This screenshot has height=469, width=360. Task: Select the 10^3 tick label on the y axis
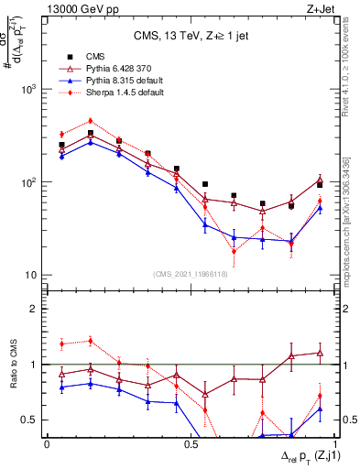(27, 89)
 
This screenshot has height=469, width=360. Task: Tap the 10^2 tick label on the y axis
(27, 182)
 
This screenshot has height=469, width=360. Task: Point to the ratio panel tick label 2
(36, 309)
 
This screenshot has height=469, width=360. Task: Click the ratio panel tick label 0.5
(30, 420)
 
